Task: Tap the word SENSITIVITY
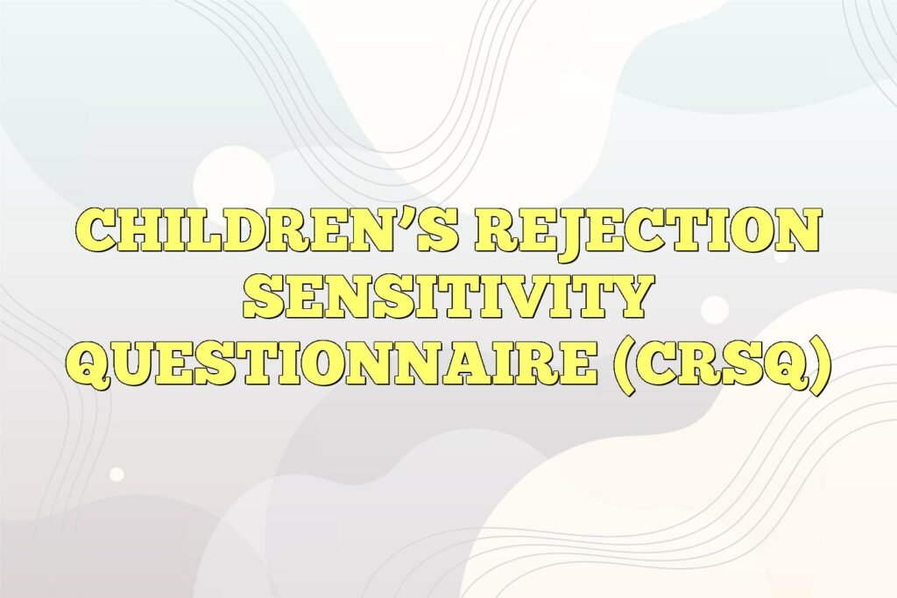(448, 299)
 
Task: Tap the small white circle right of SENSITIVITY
(715, 309)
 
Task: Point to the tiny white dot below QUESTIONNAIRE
(117, 474)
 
